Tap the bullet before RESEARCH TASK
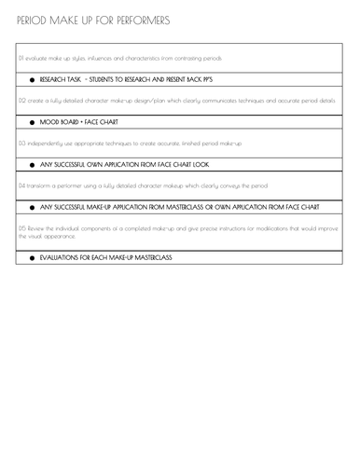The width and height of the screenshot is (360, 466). [x=33, y=82]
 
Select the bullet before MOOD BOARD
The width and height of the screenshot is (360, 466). [x=33, y=122]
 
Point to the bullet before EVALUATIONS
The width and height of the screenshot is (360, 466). [x=33, y=257]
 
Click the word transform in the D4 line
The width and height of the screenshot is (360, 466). [x=42, y=185]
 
